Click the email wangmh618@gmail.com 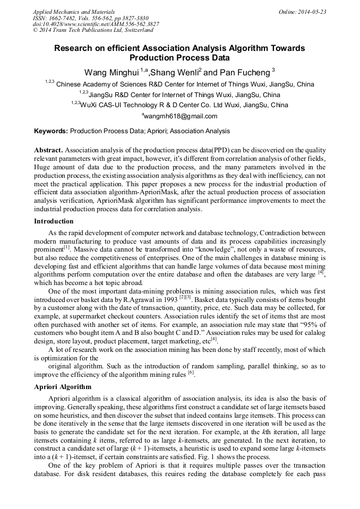pos(181,116)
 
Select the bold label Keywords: pos(51,131)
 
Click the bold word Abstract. pos(48,150)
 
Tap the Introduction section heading pos(54,221)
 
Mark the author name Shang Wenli pos(174,72)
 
